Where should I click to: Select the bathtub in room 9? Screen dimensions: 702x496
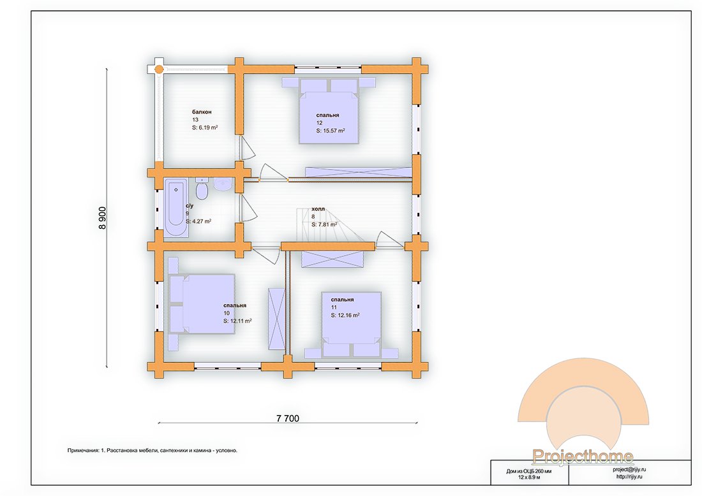click(176, 208)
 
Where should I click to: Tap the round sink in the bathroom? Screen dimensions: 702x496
click(222, 184)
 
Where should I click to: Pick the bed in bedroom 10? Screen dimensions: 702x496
click(202, 304)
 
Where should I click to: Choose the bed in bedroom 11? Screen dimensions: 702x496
click(352, 325)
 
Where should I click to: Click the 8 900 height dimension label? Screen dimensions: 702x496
click(102, 218)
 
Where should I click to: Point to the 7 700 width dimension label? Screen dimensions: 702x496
click(288, 419)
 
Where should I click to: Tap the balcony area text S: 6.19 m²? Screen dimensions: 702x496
click(205, 128)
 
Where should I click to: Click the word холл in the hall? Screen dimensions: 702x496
click(318, 209)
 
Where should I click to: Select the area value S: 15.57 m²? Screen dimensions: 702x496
click(331, 131)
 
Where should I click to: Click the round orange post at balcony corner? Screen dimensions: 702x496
click(159, 69)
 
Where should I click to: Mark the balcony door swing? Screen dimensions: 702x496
click(246, 148)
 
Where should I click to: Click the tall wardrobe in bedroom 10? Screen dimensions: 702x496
click(276, 319)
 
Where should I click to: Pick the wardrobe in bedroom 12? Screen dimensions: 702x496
click(358, 172)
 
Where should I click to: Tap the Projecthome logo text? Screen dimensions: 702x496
click(583, 456)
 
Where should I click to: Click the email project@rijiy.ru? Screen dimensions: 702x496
click(629, 470)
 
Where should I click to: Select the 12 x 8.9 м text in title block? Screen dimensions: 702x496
click(529, 478)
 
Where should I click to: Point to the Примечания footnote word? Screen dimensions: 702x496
click(83, 450)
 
